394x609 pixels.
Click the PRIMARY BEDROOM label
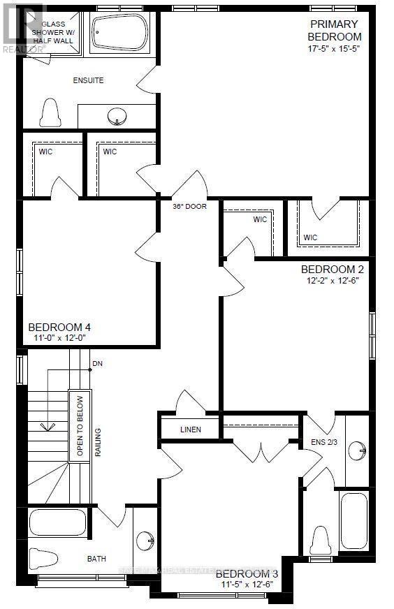pyautogui.click(x=336, y=31)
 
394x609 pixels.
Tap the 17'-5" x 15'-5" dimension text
pyautogui.click(x=336, y=49)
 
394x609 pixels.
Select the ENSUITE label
pyautogui.click(x=88, y=80)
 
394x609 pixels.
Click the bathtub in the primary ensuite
pyautogui.click(x=119, y=32)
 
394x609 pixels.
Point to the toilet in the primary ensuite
pyautogui.click(x=50, y=112)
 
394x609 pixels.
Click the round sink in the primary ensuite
pyautogui.click(x=117, y=115)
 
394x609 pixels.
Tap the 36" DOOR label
pyautogui.click(x=189, y=207)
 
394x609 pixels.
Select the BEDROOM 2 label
pyautogui.click(x=332, y=269)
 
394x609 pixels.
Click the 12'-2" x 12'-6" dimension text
pyautogui.click(x=332, y=280)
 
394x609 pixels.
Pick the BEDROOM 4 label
pyautogui.click(x=59, y=327)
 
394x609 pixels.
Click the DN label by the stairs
pyautogui.click(x=97, y=364)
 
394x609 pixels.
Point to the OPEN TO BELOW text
pyautogui.click(x=80, y=425)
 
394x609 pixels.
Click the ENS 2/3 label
pyautogui.click(x=323, y=441)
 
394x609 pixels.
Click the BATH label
pyautogui.click(x=96, y=559)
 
